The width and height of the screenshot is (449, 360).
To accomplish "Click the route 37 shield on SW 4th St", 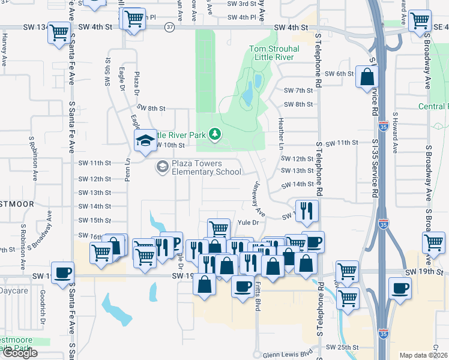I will coord(170,28).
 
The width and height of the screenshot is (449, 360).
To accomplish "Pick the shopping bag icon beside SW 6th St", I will coord(367,77).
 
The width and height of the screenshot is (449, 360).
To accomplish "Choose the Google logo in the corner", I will coord(20,353).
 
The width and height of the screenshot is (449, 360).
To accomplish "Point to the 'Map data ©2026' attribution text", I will coord(423,355).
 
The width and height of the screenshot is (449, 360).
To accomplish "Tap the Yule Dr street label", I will coord(255,223).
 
